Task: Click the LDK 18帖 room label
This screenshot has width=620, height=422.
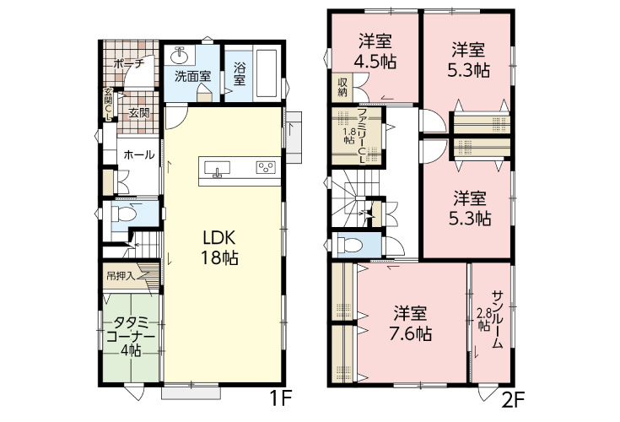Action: pos(220,248)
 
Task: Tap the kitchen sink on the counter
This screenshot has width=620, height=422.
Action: pos(217,168)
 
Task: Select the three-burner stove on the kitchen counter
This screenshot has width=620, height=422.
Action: pos(266,167)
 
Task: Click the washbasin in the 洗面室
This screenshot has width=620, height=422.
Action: pos(181,56)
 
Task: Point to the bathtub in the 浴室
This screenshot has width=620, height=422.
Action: pos(266,73)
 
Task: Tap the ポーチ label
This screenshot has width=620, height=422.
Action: pos(127,63)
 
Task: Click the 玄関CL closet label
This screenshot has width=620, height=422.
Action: pos(108,104)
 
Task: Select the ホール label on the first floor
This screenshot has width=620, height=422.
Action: pos(139,154)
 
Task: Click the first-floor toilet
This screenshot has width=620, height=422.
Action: pos(124,214)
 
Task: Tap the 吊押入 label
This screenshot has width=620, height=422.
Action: pos(121,276)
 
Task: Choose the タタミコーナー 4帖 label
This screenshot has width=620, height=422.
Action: pos(131,336)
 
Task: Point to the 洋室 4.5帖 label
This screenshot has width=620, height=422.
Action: pos(375,51)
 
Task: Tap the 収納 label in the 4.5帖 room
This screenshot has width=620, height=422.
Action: pos(342,88)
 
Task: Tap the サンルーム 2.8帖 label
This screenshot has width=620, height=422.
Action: pos(490,320)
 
